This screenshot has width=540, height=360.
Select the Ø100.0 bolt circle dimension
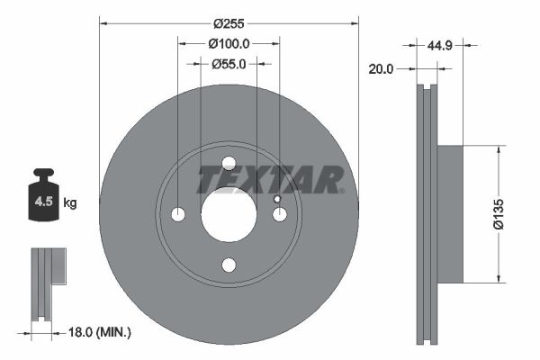[228, 43]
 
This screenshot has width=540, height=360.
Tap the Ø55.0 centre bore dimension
[229, 64]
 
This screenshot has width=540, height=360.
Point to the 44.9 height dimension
[439, 45]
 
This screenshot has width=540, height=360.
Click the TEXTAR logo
[270, 180]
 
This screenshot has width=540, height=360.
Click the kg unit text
[70, 203]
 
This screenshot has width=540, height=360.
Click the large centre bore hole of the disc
[229, 214]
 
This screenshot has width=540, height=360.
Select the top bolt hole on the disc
[229, 163]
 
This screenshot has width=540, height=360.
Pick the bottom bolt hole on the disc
[229, 265]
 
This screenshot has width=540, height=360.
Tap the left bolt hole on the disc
[178, 214]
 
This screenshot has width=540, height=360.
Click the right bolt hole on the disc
[279, 214]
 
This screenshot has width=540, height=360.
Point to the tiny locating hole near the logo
[276, 199]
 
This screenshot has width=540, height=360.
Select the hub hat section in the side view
[449, 214]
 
